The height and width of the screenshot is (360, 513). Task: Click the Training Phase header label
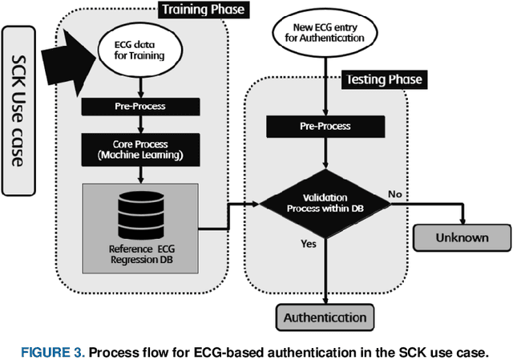click(x=203, y=10)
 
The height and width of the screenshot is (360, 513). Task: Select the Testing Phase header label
click(x=382, y=80)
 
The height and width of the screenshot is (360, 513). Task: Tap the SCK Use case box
click(x=20, y=113)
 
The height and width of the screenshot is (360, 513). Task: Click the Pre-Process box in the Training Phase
click(x=142, y=107)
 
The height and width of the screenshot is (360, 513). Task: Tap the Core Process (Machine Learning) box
click(x=142, y=148)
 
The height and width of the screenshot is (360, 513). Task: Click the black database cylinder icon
click(x=142, y=210)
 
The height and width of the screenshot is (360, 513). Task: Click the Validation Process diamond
click(x=324, y=204)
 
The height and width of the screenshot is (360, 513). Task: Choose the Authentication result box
click(x=324, y=317)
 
